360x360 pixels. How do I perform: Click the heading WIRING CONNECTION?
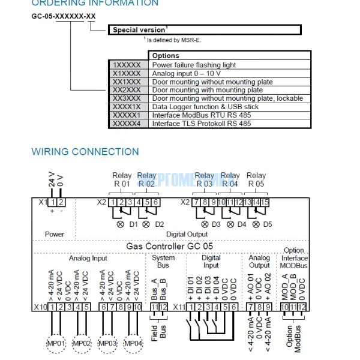[x=85, y=151]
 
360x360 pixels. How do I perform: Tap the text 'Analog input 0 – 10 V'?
[x=187, y=73]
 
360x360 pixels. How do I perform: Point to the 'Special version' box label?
[x=139, y=29]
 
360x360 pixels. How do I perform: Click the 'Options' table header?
[x=166, y=56]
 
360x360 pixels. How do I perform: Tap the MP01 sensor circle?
[x=58, y=343]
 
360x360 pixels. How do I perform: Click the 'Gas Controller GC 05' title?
[x=170, y=246]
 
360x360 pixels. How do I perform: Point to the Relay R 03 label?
[x=205, y=180]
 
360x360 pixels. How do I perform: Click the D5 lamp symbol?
[x=257, y=224]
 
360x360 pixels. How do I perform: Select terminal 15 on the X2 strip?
[x=265, y=202]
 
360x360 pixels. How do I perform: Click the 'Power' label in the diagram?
[x=54, y=234]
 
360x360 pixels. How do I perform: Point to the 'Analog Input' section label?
[x=88, y=259]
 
